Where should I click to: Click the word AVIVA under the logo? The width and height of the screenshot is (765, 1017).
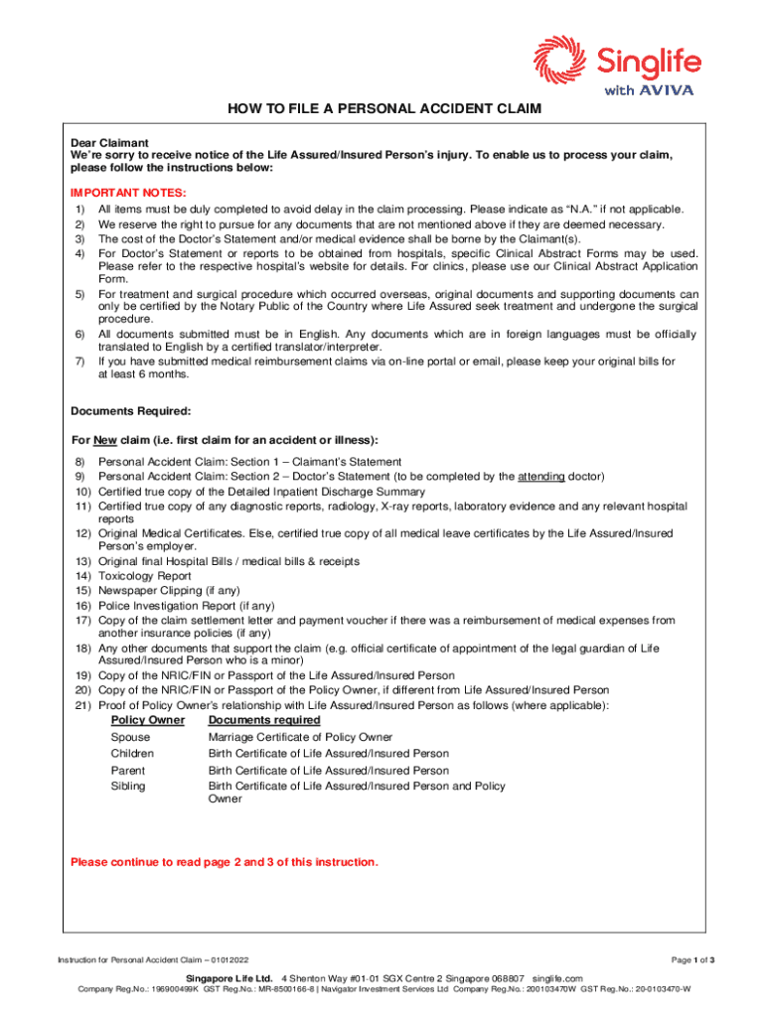point(666,90)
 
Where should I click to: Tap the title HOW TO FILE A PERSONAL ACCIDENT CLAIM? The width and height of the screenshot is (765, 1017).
point(382,109)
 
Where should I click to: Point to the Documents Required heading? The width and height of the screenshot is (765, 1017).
point(131,410)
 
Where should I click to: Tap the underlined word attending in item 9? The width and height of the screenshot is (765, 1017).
point(540,477)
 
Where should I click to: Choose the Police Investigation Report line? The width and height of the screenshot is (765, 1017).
point(186,606)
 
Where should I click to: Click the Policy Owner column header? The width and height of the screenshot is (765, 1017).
point(147,719)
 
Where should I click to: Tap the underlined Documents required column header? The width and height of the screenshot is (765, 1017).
point(263,719)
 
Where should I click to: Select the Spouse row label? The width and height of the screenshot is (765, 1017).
point(130,738)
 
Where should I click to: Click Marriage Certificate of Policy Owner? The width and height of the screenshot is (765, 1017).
point(299,738)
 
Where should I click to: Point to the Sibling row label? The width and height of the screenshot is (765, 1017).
point(127,786)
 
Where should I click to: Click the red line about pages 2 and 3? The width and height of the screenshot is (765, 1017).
point(224,861)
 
